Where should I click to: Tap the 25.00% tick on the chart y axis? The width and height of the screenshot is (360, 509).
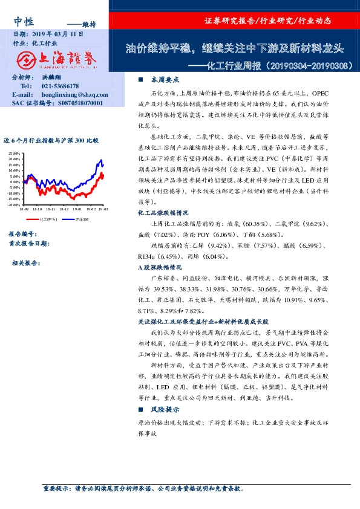coord(15,154)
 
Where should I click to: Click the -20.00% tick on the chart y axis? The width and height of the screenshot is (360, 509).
coord(15,206)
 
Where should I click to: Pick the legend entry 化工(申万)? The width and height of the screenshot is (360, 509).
coord(48,219)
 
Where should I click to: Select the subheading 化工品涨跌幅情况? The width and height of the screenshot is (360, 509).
coord(163,213)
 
